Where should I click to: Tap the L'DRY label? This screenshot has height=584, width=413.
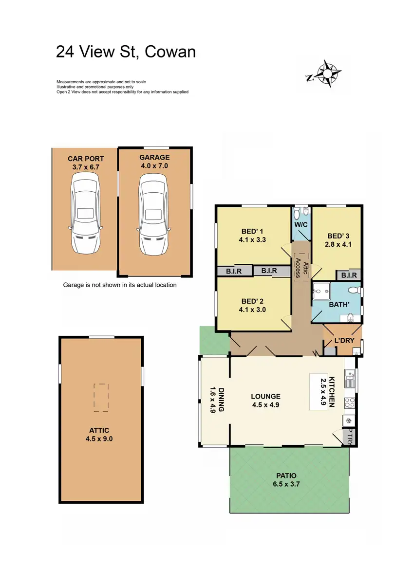coord(344,340)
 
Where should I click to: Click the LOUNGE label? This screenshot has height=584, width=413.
coord(266,396)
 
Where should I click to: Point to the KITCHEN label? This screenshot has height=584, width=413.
coord(332,392)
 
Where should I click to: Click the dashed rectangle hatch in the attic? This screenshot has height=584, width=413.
coord(101,396)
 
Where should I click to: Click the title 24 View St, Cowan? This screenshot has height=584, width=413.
coord(126,51)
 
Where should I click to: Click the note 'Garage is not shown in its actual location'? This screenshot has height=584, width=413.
coord(120,285)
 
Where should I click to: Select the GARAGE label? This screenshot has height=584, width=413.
coord(154,157)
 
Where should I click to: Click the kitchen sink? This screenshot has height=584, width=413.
coord(350,379)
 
